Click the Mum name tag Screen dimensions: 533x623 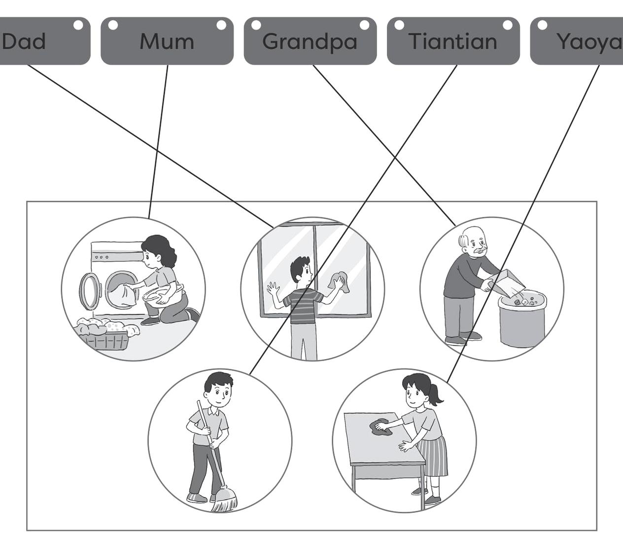pos(167,41)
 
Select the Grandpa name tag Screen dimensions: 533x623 pos(310,41)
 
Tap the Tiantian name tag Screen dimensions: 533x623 pos(453,41)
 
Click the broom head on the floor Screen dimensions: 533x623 pos(226,499)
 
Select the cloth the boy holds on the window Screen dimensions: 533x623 pos(339,282)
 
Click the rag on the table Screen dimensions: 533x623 pos(381,427)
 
